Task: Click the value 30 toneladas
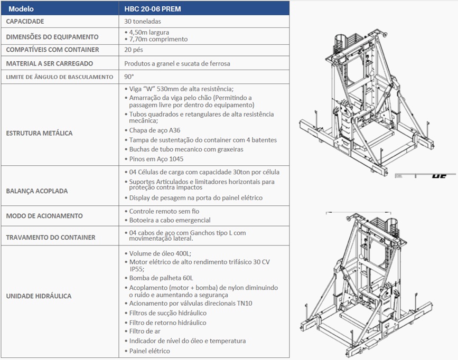point(143,22)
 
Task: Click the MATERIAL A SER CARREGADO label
point(49,63)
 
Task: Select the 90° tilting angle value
point(129,77)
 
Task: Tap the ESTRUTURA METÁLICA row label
point(39,133)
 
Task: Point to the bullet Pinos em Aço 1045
point(156,159)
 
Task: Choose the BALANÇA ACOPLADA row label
point(37,191)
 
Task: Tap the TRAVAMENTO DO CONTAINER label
point(51,238)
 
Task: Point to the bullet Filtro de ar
point(145,331)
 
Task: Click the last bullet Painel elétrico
point(149,350)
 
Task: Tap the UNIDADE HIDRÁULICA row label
point(39,296)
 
